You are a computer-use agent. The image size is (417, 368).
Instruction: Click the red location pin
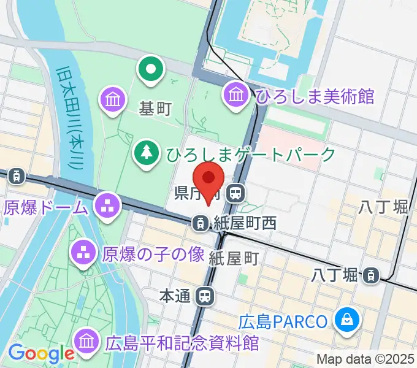pos(208,179)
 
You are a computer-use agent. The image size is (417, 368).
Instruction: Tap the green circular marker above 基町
pos(150,69)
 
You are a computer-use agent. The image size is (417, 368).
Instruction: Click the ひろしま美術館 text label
pos(315,96)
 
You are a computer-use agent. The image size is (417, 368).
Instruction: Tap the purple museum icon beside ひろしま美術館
pos(236,94)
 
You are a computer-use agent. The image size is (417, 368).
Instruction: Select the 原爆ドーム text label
pos(46,207)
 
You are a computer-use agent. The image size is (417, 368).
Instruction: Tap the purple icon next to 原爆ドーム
pos(109,204)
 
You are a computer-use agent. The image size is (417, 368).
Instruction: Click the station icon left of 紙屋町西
pos(200,223)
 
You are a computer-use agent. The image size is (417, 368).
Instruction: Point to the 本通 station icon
pos(205,297)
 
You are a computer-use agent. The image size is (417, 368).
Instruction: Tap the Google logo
pos(40,353)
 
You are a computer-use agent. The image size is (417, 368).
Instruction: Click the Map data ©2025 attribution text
pos(365,359)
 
